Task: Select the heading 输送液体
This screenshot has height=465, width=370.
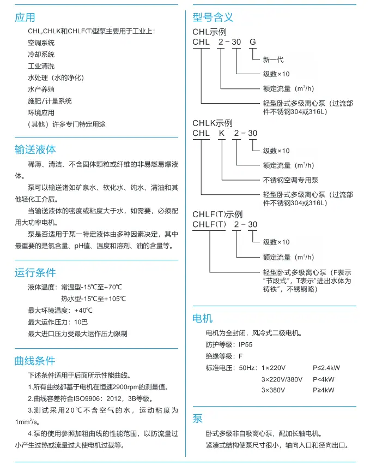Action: tap(35, 149)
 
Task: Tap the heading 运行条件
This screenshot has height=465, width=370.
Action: tap(35, 272)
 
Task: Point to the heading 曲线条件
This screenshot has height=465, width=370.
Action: tap(35, 361)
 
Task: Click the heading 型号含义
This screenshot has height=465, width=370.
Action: tap(213, 17)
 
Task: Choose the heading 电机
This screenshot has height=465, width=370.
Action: tap(203, 318)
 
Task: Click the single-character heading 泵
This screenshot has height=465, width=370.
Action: tap(197, 419)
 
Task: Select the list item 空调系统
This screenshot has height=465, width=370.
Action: tap(41, 43)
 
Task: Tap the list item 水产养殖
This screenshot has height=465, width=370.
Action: tap(41, 89)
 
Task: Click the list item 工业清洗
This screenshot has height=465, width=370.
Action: tap(41, 65)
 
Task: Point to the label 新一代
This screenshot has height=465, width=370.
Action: tap(274, 59)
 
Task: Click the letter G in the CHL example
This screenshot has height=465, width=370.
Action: tap(251, 42)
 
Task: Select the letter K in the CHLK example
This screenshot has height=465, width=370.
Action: tap(221, 133)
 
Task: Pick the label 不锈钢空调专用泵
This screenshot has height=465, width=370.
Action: tap(291, 180)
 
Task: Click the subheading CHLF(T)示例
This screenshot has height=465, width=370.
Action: tap(217, 214)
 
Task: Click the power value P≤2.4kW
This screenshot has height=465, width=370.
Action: tap(327, 367)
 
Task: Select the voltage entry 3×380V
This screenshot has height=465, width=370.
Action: tap(274, 390)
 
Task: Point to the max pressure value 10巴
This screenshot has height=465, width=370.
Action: tap(81, 321)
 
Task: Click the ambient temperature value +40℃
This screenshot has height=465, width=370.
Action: tap(83, 310)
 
